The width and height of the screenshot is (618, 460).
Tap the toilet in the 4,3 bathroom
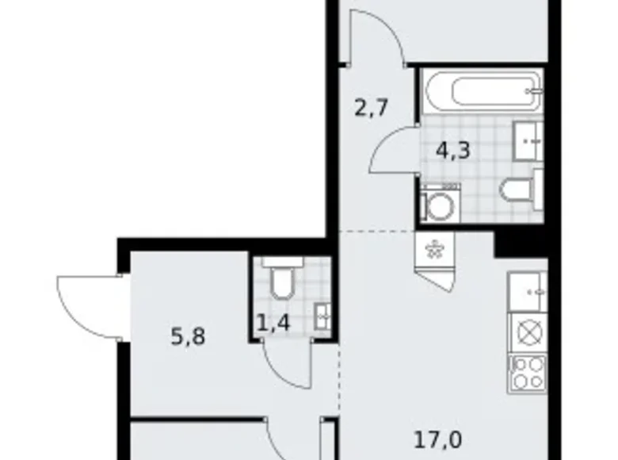tap(520, 187)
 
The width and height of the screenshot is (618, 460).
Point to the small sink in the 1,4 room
tap(322, 316)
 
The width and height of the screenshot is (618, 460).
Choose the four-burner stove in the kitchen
tap(528, 371)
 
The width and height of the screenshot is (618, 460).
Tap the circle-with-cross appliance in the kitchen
tap(528, 330)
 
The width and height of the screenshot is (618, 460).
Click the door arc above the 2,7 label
tap(377, 36)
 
